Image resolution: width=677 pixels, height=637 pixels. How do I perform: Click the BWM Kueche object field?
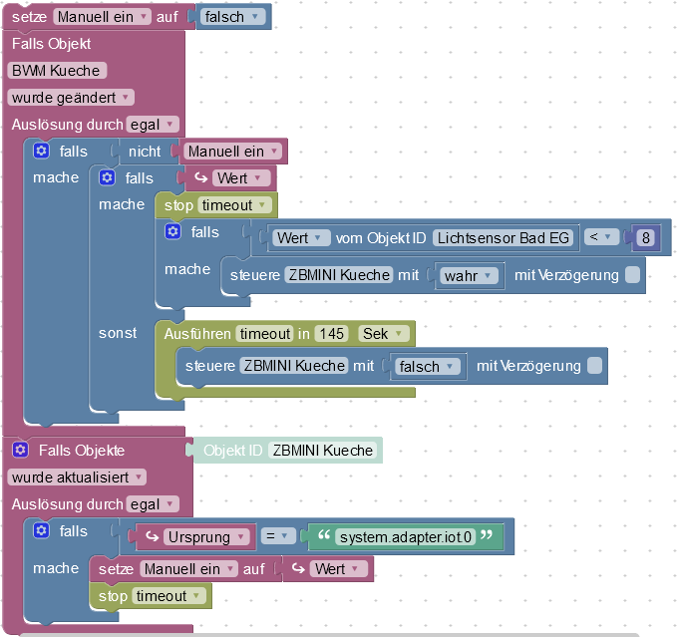click(x=56, y=71)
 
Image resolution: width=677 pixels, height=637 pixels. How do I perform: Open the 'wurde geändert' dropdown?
click(x=71, y=98)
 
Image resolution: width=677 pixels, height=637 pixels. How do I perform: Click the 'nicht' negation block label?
click(x=145, y=152)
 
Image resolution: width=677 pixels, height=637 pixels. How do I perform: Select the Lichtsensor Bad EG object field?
click(x=505, y=237)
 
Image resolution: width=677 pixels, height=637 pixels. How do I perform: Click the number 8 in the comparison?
click(x=646, y=237)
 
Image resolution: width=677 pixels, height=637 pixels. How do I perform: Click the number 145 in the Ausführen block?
click(x=330, y=333)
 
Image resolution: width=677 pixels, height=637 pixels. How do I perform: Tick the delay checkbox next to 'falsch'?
click(x=595, y=366)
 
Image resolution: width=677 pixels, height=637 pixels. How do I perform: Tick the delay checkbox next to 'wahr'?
click(x=632, y=275)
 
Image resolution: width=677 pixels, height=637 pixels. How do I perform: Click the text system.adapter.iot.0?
click(x=404, y=537)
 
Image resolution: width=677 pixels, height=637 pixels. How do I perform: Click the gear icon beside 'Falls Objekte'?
click(x=20, y=451)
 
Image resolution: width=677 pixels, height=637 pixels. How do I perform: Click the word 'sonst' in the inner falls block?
click(x=118, y=333)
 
